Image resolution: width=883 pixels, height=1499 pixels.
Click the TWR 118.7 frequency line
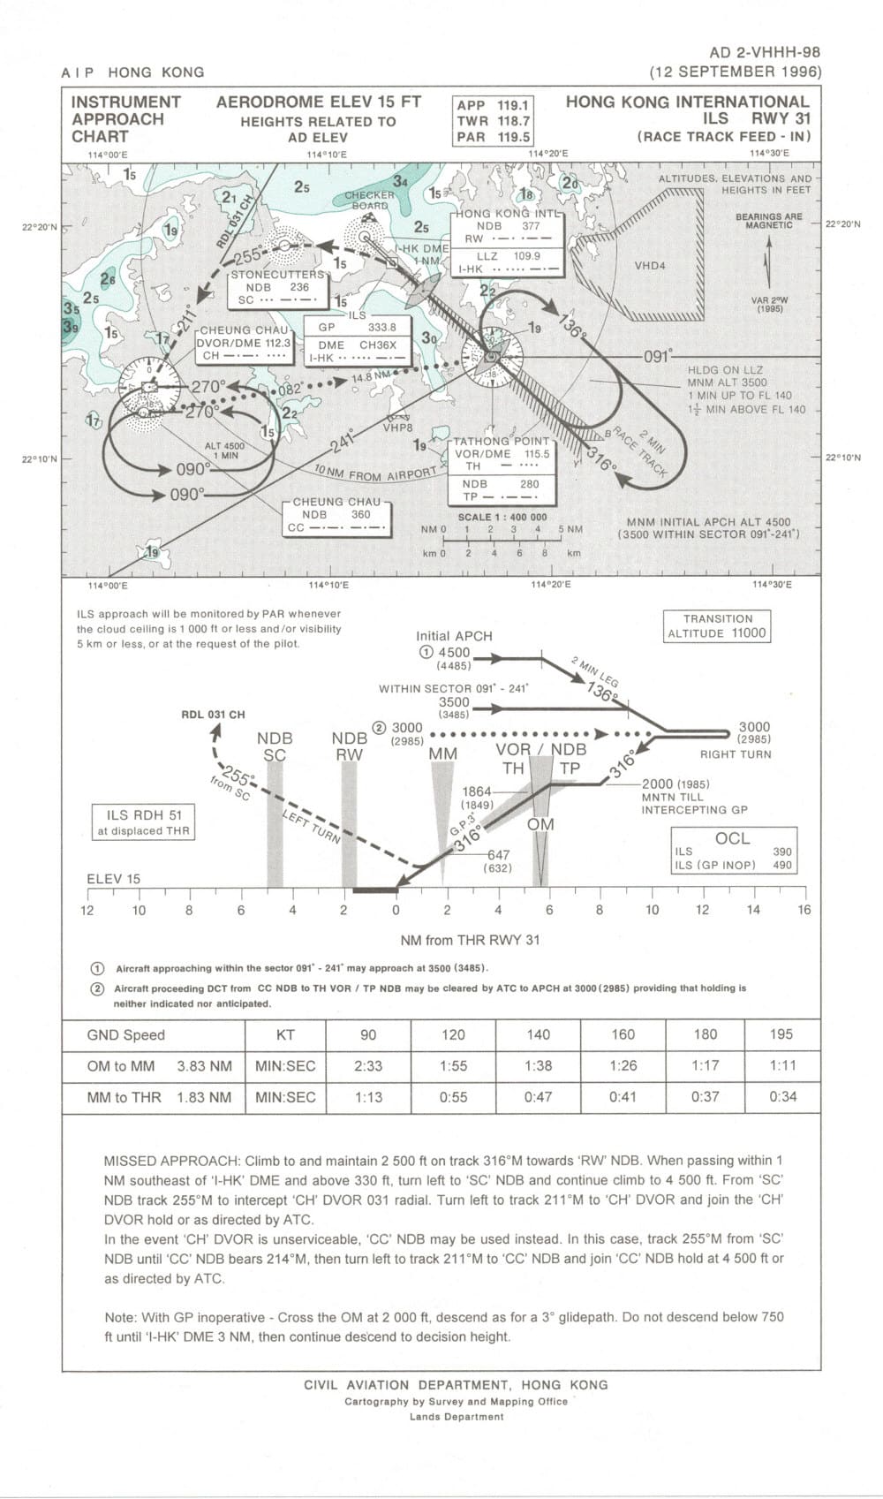pos(493,121)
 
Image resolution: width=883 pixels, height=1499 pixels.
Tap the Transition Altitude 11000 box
pos(716,626)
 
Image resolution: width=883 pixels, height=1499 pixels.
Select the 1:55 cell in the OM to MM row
pos(453,1066)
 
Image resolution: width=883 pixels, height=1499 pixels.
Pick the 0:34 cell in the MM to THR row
pos(781,1097)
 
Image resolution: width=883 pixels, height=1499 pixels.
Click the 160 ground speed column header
pos(623,1034)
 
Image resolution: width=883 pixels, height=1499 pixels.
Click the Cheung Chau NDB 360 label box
pos(336,515)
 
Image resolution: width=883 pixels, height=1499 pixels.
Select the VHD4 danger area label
pos(650,266)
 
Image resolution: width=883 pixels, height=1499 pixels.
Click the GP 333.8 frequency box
pos(357,327)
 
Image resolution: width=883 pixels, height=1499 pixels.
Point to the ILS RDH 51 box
pos(144,822)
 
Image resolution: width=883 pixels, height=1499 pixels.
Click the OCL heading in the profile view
pos(732,838)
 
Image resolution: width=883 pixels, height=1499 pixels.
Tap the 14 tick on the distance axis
pos(752,910)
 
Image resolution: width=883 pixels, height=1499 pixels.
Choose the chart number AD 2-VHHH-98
pos(764,54)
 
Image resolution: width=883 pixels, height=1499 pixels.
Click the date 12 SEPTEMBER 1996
pos(735,72)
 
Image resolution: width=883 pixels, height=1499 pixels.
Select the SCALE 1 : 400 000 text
pos(502,518)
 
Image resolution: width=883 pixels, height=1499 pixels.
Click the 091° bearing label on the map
pos(658,357)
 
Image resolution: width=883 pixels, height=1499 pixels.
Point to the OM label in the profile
pos(540,825)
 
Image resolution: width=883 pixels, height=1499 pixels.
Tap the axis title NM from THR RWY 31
pos(470,940)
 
